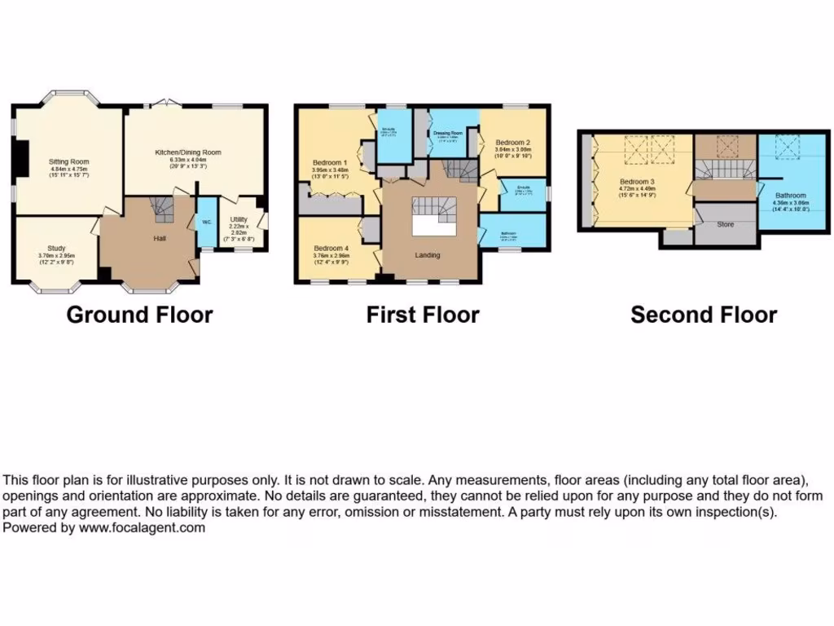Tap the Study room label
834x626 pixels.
click(x=56, y=248)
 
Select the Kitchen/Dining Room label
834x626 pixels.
click(x=188, y=152)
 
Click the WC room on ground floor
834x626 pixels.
click(x=206, y=221)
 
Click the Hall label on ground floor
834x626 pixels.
click(x=160, y=239)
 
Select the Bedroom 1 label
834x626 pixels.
click(x=330, y=163)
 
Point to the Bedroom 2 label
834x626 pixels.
click(x=513, y=143)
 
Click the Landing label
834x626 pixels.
click(x=427, y=255)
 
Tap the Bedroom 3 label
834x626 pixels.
click(x=636, y=181)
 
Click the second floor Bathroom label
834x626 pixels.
click(x=790, y=196)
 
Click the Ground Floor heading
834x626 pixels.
click(x=139, y=315)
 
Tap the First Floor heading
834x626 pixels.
click(x=423, y=315)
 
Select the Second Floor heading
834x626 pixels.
click(x=704, y=315)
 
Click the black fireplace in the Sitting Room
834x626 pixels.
click(x=23, y=156)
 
